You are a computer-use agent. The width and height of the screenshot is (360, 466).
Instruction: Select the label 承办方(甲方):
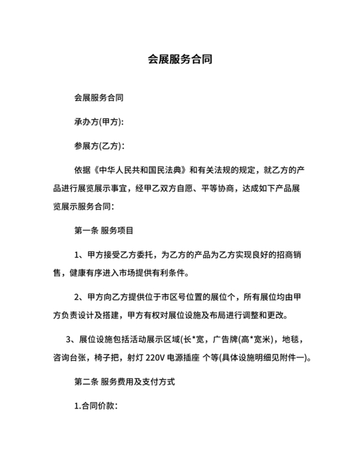(x=99, y=122)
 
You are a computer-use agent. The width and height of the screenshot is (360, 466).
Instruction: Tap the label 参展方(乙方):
(x=99, y=146)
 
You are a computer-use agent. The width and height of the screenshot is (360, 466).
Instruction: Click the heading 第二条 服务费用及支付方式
(x=125, y=381)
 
